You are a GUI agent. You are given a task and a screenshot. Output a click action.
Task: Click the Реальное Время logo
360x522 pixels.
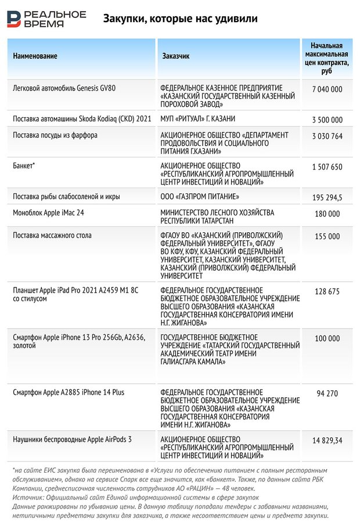[x=46, y=19]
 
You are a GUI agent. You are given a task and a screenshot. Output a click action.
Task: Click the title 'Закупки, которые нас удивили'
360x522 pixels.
[x=180, y=19]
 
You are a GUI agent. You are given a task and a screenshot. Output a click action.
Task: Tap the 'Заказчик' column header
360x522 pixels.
[x=175, y=56]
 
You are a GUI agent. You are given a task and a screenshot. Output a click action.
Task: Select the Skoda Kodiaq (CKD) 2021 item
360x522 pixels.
[x=82, y=120]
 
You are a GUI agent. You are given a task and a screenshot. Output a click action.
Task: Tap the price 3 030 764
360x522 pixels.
[x=327, y=136]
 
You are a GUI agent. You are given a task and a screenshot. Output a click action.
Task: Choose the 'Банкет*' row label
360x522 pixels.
[x=24, y=166]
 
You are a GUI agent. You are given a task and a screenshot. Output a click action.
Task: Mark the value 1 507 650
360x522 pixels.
[x=327, y=167]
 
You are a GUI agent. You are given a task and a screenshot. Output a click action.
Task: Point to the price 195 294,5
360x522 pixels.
[x=327, y=198]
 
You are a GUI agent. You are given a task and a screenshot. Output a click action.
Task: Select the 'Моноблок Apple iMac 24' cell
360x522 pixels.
[x=49, y=213]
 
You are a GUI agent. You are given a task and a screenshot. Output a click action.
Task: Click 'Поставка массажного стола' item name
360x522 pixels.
[x=52, y=236]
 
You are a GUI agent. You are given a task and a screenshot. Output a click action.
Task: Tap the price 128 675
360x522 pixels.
[x=327, y=291]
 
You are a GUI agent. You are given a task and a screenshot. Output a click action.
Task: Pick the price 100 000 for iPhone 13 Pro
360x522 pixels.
[x=327, y=339]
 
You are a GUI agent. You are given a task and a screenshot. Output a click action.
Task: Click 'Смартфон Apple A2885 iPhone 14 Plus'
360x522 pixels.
[x=69, y=393]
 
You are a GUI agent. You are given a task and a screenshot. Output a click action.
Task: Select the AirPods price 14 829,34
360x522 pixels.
[x=327, y=441]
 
